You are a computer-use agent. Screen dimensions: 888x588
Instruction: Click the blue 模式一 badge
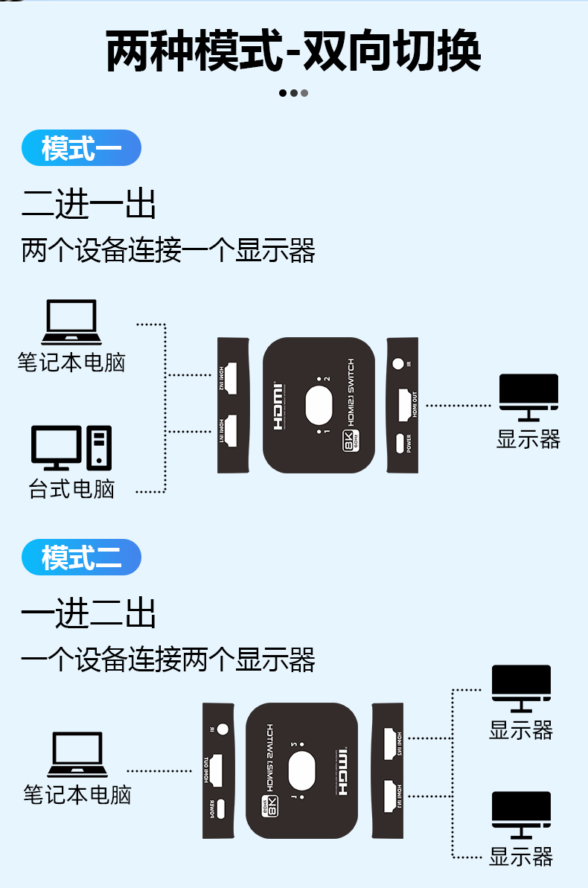tap(81, 148)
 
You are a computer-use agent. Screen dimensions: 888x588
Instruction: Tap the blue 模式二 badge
tap(81, 557)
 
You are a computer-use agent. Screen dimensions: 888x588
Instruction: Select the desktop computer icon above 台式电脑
tap(71, 447)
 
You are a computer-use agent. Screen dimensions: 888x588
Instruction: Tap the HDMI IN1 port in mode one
tap(231, 431)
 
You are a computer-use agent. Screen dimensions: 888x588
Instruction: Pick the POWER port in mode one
tap(400, 444)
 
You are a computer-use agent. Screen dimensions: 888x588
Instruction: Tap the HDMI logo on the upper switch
tap(279, 408)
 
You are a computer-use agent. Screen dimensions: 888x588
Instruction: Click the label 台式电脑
tap(71, 489)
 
